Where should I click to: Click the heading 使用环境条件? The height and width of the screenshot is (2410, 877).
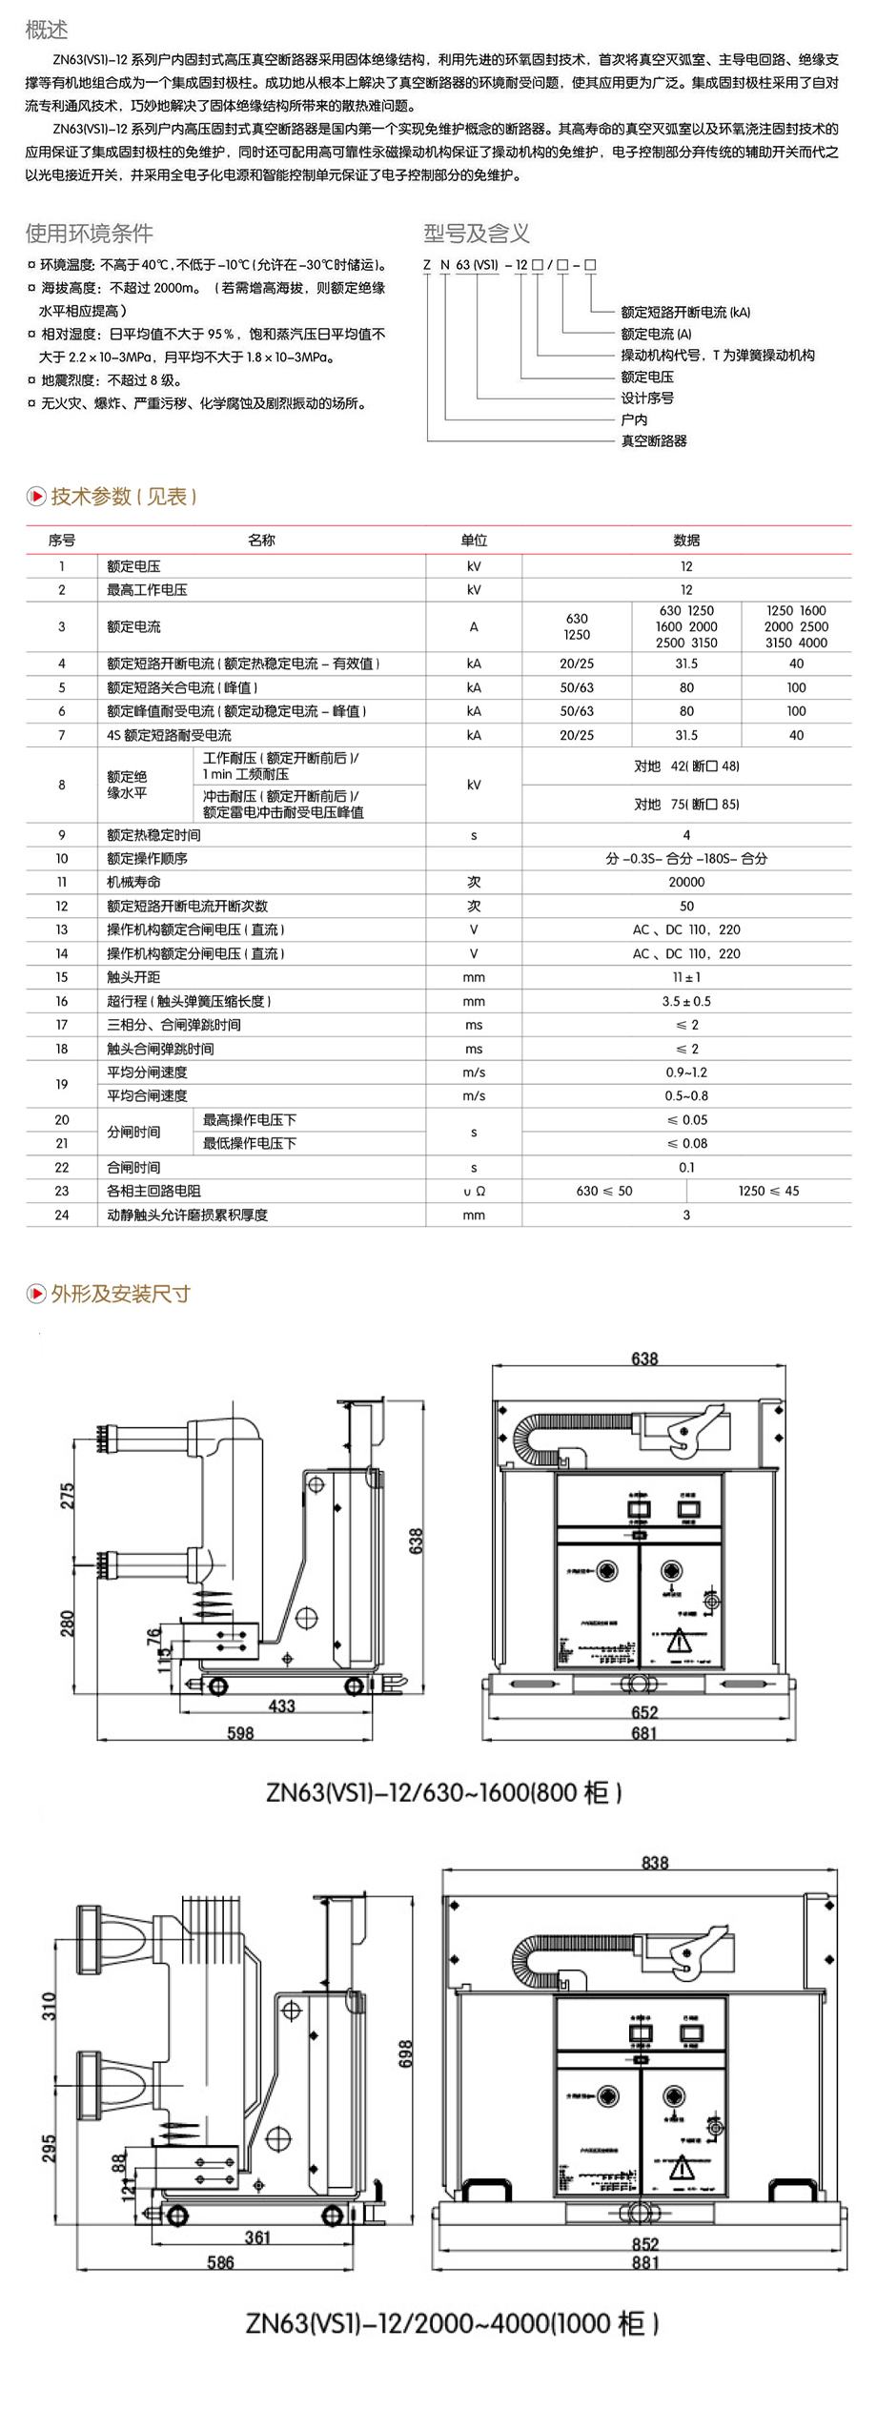coord(89,233)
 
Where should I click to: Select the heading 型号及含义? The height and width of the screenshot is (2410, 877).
coord(476,233)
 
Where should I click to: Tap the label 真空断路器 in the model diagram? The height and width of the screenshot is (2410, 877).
coord(654,440)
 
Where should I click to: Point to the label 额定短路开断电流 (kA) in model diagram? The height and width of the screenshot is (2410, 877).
coord(685,312)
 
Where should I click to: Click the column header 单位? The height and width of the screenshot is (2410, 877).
coord(474,540)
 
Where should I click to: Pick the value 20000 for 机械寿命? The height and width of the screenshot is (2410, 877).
coord(686,882)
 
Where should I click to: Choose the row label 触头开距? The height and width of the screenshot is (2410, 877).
coord(133,977)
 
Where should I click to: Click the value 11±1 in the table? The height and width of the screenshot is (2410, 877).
coord(686,977)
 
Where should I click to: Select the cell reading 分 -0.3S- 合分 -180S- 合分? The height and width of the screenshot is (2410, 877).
coord(686,858)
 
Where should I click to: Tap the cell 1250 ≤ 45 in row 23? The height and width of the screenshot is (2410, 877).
coord(768,1191)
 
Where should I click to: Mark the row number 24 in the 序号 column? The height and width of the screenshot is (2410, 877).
coord(62,1215)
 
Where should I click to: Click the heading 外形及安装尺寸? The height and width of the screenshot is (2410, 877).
coord(120,1294)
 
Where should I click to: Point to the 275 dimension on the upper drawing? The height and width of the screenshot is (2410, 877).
coord(68,1496)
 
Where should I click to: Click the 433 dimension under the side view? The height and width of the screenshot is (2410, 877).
coord(281,1705)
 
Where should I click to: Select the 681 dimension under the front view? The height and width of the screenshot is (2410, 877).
coord(644,1732)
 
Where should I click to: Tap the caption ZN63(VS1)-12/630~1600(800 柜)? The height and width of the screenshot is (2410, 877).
coord(444,1792)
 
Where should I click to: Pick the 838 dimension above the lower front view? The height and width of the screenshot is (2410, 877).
coord(655,1862)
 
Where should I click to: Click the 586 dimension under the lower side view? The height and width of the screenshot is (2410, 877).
coord(220,2262)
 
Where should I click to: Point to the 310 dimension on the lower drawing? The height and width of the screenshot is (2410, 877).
coord(50,2006)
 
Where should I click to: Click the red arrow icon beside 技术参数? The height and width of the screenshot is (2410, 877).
coord(36,496)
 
